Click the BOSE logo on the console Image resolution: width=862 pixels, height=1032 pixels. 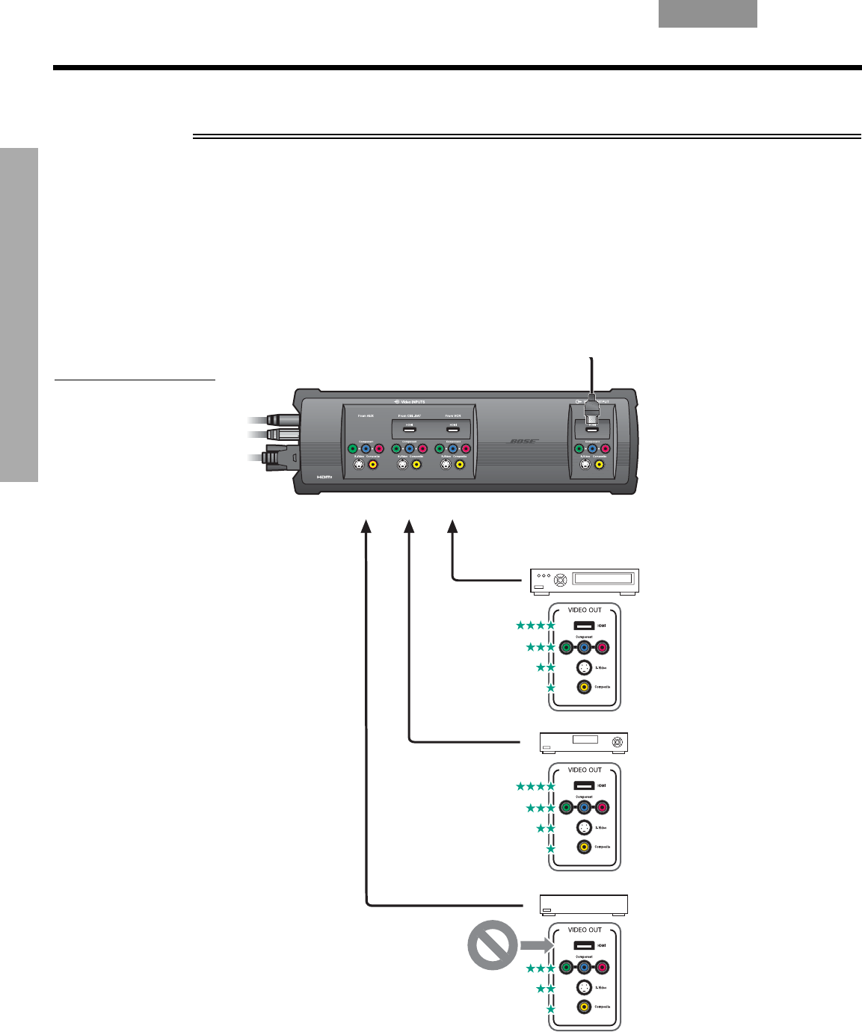(x=523, y=441)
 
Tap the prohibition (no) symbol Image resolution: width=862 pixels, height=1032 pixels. (x=492, y=945)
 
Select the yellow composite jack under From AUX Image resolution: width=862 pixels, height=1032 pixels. (x=372, y=464)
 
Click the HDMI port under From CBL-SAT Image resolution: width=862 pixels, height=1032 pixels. (x=410, y=428)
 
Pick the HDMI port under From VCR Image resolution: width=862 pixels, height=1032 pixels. (x=453, y=428)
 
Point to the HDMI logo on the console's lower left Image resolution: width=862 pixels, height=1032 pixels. (x=324, y=476)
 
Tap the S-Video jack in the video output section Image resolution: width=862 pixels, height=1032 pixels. (x=585, y=464)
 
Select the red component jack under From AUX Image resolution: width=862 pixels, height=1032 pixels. (x=378, y=449)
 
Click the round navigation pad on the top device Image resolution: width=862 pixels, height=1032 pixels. (x=560, y=580)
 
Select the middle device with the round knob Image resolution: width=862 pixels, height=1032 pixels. (x=584, y=742)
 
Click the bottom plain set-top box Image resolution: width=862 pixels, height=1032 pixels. (x=584, y=904)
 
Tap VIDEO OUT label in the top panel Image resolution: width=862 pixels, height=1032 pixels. (x=585, y=610)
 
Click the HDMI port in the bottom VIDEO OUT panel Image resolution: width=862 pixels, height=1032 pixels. (x=584, y=945)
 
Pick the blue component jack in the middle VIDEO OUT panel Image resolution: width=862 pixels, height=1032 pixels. (x=584, y=807)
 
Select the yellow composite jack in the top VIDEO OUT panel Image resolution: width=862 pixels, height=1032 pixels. (x=584, y=688)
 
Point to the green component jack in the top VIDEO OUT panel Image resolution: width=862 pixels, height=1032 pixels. (x=566, y=648)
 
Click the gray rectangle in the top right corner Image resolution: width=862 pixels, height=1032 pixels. (x=707, y=13)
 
